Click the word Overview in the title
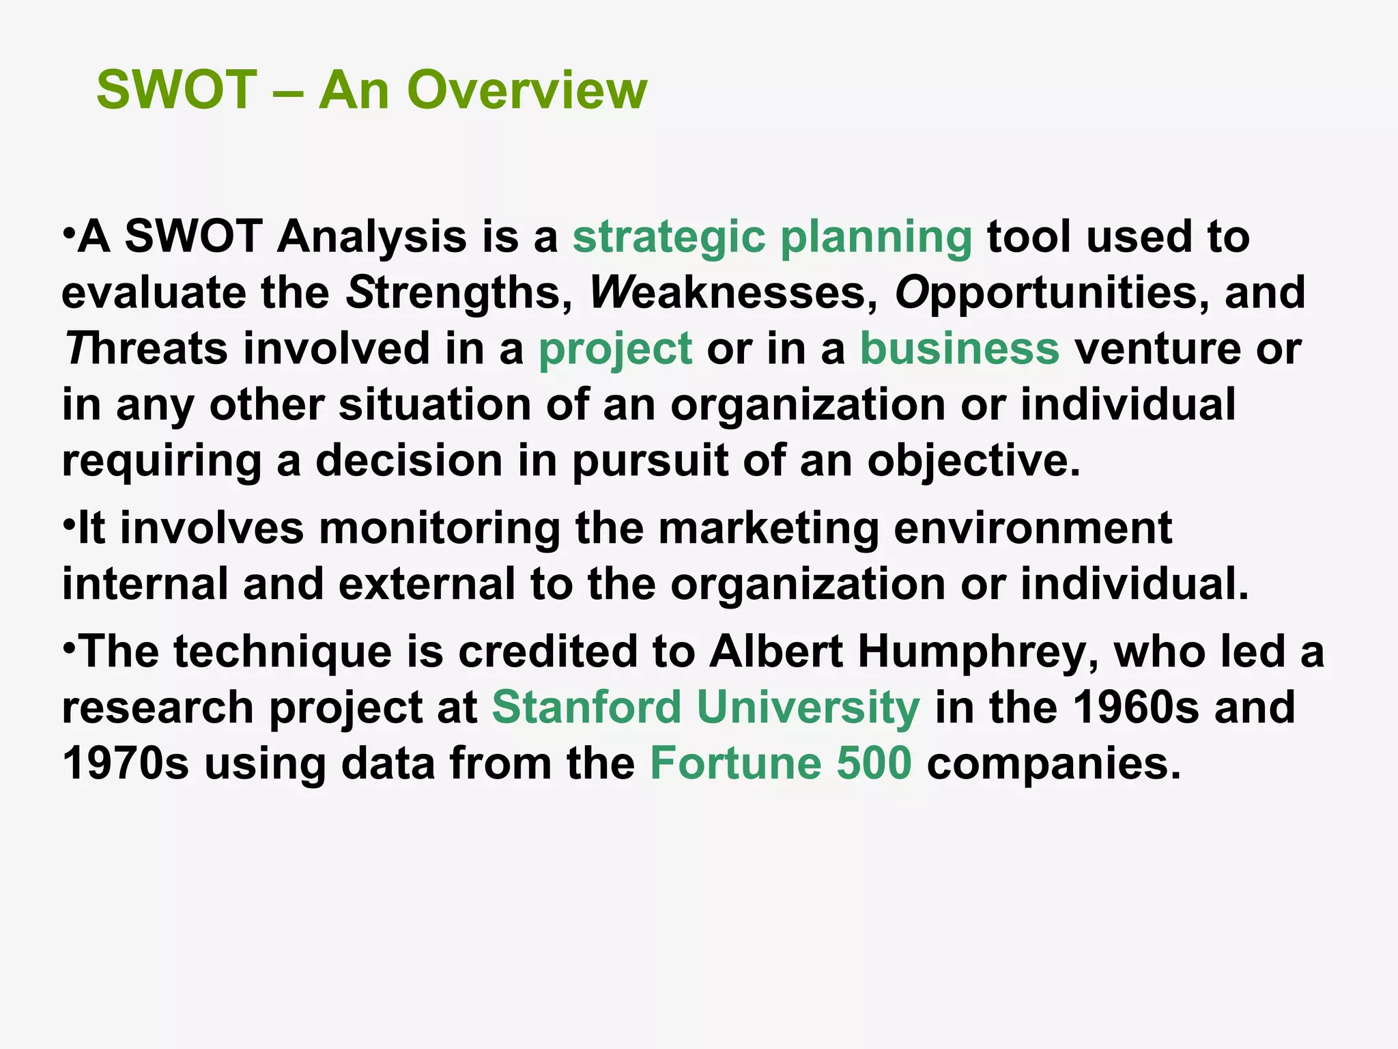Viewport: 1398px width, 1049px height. coord(526,90)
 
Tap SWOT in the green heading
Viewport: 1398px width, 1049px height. coord(177,90)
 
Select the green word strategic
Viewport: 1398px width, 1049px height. coord(669,237)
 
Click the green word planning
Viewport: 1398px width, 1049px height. coord(876,237)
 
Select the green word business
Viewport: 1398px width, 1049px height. coord(959,349)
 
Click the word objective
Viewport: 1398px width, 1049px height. coord(974,461)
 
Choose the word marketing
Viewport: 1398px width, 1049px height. coord(768,529)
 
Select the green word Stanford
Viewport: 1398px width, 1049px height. coord(586,708)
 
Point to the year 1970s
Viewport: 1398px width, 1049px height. coord(126,764)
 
